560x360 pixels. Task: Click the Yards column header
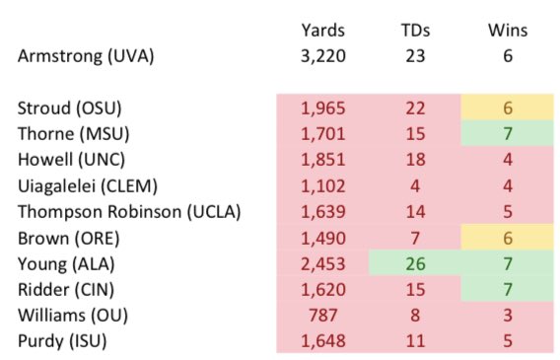click(322, 30)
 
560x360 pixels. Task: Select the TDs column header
click(415, 30)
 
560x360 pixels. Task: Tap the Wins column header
click(508, 30)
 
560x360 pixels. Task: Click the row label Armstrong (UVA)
click(86, 56)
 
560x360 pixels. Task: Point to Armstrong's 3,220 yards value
click(322, 56)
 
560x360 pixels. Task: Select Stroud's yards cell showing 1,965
click(322, 108)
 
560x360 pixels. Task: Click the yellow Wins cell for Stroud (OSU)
click(507, 108)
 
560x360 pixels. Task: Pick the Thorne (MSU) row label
click(74, 134)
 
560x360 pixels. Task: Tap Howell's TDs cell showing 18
click(415, 159)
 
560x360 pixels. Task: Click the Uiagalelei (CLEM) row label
click(88, 186)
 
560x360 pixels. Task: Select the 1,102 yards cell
click(322, 186)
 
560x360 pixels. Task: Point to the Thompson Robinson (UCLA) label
click(129, 212)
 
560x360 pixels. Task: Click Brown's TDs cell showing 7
click(415, 239)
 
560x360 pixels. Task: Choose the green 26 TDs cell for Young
click(415, 263)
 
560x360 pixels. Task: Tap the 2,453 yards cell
click(322, 264)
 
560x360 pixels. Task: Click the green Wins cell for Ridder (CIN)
click(507, 289)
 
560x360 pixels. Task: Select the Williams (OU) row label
click(73, 316)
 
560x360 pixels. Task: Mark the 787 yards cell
click(322, 316)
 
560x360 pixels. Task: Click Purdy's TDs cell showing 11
click(415, 341)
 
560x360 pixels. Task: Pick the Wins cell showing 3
click(508, 316)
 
